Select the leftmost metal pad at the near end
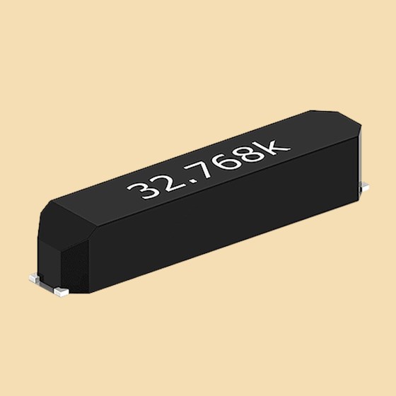34,278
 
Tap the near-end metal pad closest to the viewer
62,289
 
